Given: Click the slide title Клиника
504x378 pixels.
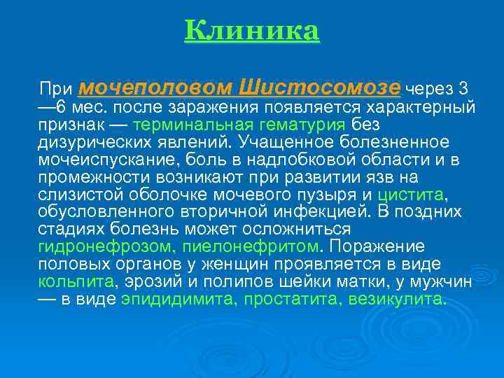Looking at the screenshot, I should (252, 31).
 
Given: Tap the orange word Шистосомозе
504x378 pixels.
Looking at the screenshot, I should (320, 87).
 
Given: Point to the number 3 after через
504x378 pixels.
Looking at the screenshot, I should (463, 89).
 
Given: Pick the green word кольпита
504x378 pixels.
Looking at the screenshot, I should (76, 282).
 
